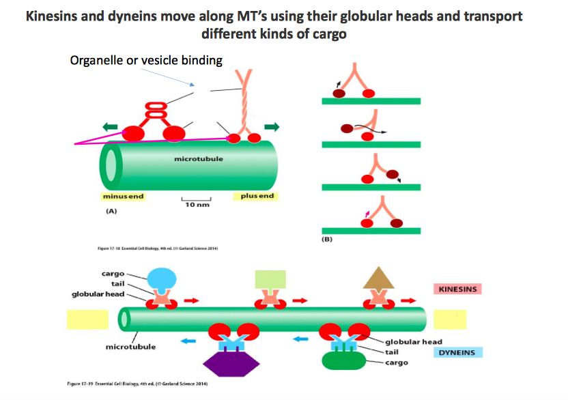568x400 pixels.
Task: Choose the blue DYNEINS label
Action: pos(457,352)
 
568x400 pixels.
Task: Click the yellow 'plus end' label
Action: pos(257,197)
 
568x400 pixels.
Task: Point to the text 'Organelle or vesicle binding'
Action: pos(146,61)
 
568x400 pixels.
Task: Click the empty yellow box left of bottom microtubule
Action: pos(87,319)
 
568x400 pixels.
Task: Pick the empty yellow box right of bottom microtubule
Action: pos(449,319)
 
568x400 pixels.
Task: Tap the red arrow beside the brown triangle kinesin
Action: pos(410,300)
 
